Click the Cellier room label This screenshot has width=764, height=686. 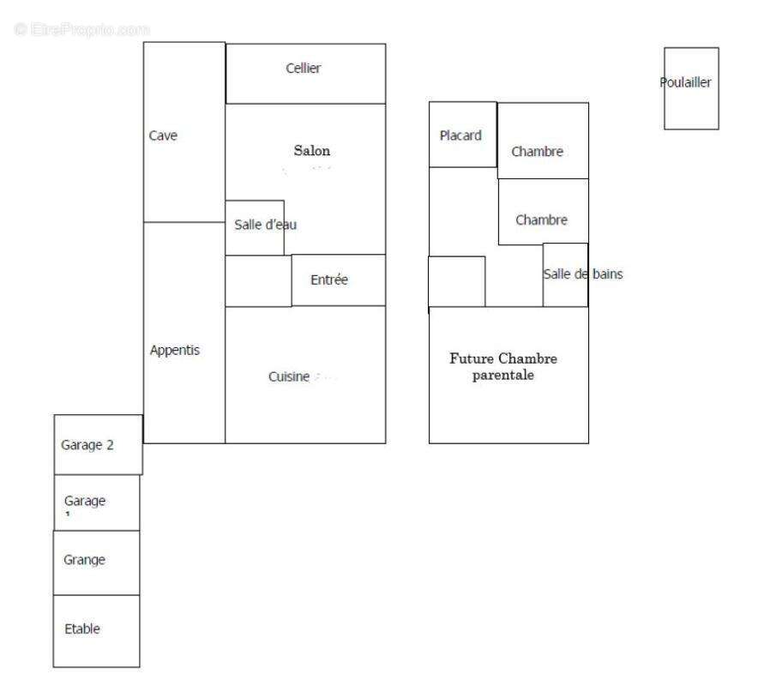pos(303,69)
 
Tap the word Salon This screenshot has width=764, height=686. pos(311,151)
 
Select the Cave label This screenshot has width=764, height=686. pos(163,135)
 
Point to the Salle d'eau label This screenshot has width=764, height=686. pos(266,225)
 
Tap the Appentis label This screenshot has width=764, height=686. pos(174,350)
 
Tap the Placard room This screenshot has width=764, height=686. pos(462,135)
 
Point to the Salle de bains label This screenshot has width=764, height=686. pos(583,274)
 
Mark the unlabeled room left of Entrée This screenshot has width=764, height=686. pos(258,280)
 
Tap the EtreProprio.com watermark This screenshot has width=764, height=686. pos(81,29)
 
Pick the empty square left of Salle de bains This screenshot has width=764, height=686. pos(456,281)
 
